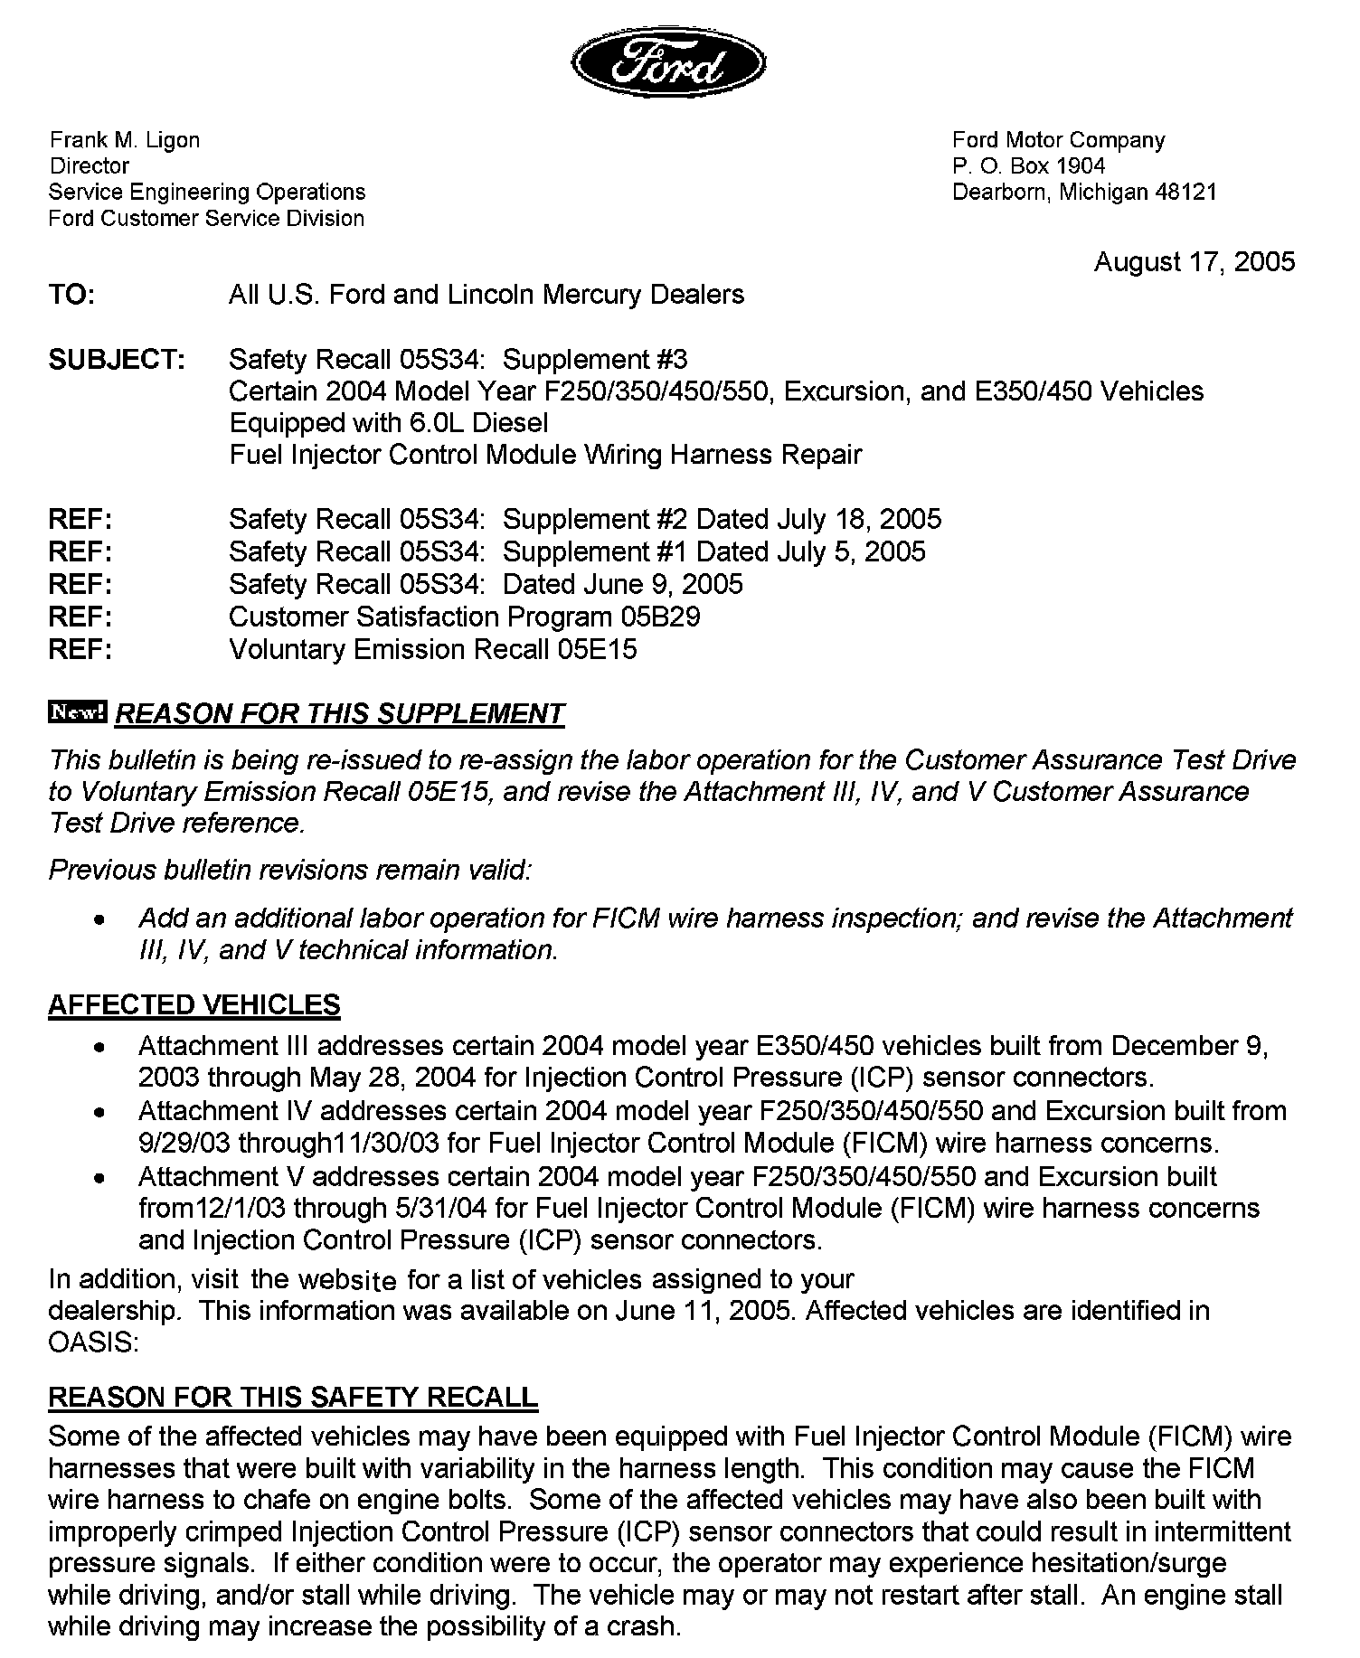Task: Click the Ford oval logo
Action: [668, 63]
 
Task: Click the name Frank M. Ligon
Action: [124, 140]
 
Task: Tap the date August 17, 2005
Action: [1194, 262]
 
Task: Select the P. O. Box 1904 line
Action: [1028, 166]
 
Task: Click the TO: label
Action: [71, 295]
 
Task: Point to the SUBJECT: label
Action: [117, 360]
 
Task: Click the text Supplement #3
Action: [594, 360]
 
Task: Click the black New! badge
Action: [78, 712]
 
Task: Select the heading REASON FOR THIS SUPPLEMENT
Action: [340, 714]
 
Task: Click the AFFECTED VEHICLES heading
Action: [194, 1004]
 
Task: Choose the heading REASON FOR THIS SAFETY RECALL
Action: [293, 1397]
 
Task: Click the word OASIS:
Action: [93, 1342]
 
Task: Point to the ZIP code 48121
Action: [1186, 193]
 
